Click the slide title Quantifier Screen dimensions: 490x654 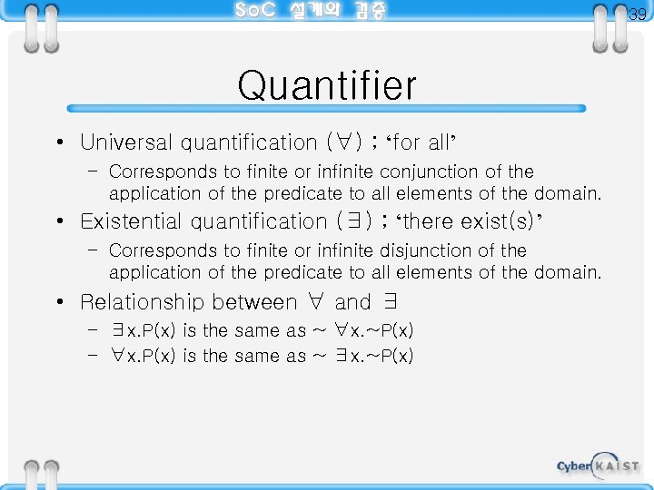click(327, 86)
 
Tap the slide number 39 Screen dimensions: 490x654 click(638, 14)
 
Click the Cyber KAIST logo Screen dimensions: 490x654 click(597, 465)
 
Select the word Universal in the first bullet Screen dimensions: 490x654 click(126, 142)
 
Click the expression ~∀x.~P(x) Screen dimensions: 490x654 click(363, 330)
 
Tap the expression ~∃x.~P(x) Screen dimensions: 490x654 click(363, 356)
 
